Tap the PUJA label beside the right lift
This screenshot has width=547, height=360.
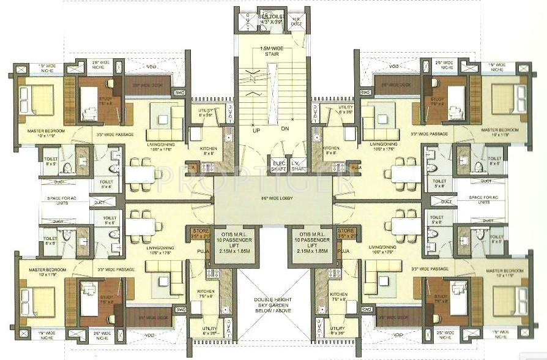(x=343, y=250)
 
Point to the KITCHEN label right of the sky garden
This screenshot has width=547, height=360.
(x=338, y=296)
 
